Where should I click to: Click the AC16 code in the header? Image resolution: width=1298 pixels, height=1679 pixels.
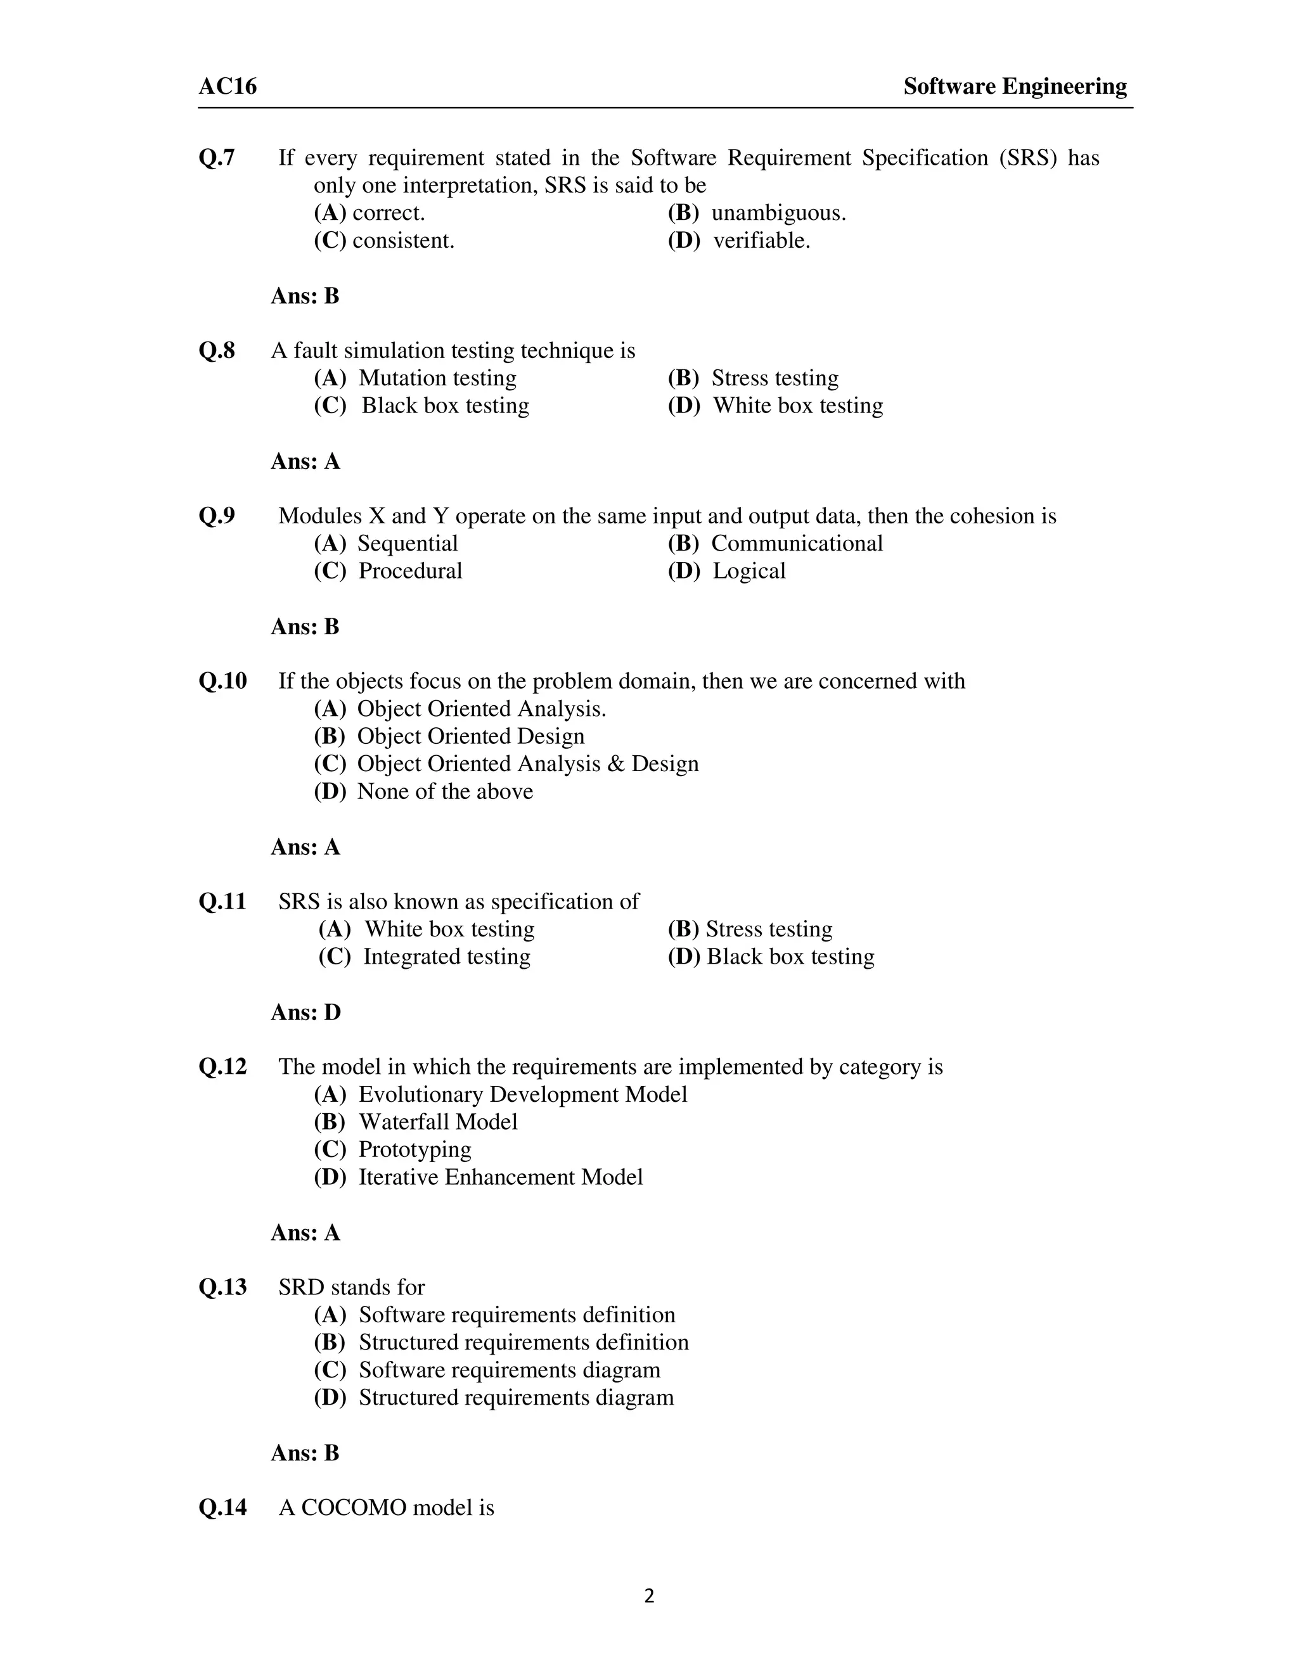[x=228, y=86]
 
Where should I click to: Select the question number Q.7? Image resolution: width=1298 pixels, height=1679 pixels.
[x=217, y=158]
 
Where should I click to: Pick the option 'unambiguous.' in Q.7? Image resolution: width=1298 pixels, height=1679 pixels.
[x=778, y=213]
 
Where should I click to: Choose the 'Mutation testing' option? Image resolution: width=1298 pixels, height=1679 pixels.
[x=437, y=378]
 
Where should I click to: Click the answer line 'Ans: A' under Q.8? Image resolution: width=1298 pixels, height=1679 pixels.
[x=305, y=461]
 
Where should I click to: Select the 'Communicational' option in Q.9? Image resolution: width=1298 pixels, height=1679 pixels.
[x=797, y=544]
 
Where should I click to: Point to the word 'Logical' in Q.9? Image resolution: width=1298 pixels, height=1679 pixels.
[x=749, y=571]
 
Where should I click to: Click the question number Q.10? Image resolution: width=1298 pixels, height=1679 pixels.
[x=223, y=681]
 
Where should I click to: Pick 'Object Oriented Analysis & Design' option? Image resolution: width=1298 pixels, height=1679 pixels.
[x=527, y=764]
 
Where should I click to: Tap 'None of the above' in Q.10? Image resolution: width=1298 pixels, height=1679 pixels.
[x=444, y=792]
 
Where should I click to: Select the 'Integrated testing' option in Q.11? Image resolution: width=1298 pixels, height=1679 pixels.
[x=446, y=957]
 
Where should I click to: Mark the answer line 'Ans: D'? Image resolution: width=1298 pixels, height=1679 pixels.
[x=305, y=1012]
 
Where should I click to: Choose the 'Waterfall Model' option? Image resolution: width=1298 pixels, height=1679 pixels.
[x=437, y=1123]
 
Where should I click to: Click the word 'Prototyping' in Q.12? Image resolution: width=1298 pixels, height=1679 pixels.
[x=414, y=1150]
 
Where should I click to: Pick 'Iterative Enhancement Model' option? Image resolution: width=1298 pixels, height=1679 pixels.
[x=500, y=1178]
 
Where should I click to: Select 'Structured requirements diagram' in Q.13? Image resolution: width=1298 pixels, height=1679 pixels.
[x=515, y=1398]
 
